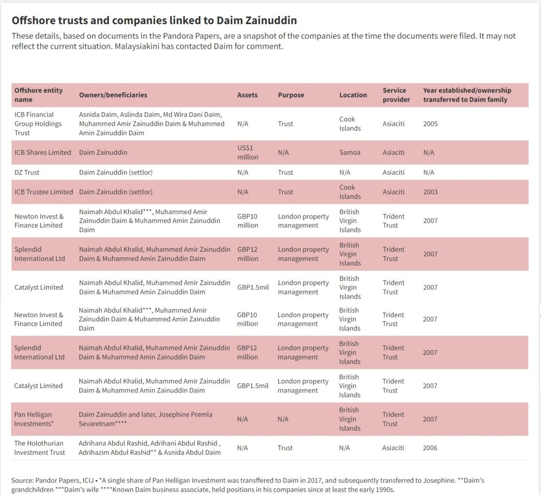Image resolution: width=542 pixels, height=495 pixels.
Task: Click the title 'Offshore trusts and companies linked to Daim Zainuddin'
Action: click(x=154, y=20)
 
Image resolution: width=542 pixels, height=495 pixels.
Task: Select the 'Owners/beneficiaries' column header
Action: click(x=113, y=95)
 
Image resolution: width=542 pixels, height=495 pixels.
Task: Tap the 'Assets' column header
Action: click(x=247, y=95)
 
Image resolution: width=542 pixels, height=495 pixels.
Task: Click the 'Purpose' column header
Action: click(x=291, y=95)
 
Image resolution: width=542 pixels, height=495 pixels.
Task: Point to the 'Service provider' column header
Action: click(x=396, y=95)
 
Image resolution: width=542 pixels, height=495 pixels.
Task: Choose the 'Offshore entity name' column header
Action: click(x=38, y=95)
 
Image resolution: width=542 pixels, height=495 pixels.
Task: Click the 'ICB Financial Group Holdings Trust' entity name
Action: click(x=38, y=124)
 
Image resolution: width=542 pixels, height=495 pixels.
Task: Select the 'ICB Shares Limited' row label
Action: click(x=43, y=152)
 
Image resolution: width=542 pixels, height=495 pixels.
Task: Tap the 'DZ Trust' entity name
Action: click(x=27, y=173)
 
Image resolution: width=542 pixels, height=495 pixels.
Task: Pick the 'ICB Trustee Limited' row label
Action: click(x=44, y=192)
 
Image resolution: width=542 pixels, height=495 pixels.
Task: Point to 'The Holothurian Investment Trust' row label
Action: click(x=39, y=448)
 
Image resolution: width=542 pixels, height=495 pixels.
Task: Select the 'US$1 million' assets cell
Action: click(x=247, y=152)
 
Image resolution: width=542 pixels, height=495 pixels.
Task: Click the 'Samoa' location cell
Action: click(x=349, y=152)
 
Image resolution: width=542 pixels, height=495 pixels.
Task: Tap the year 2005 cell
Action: click(x=430, y=124)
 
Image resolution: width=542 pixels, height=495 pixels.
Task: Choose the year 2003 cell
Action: click(x=430, y=192)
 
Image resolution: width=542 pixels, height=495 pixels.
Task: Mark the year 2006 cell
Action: click(x=430, y=448)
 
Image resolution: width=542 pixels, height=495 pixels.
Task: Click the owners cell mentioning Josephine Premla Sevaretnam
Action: click(x=145, y=419)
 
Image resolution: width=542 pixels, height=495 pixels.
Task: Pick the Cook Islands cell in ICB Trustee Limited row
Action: click(x=349, y=192)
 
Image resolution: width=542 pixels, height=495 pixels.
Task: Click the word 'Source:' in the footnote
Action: click(x=22, y=480)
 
